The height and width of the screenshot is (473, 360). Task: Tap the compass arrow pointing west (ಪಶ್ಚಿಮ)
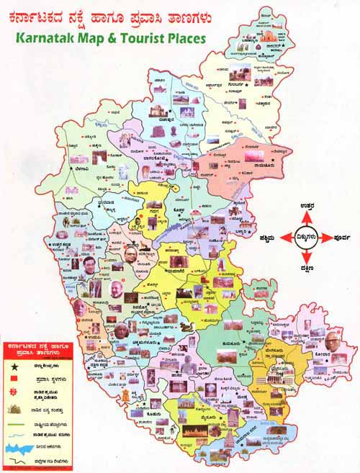click(x=286, y=235)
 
